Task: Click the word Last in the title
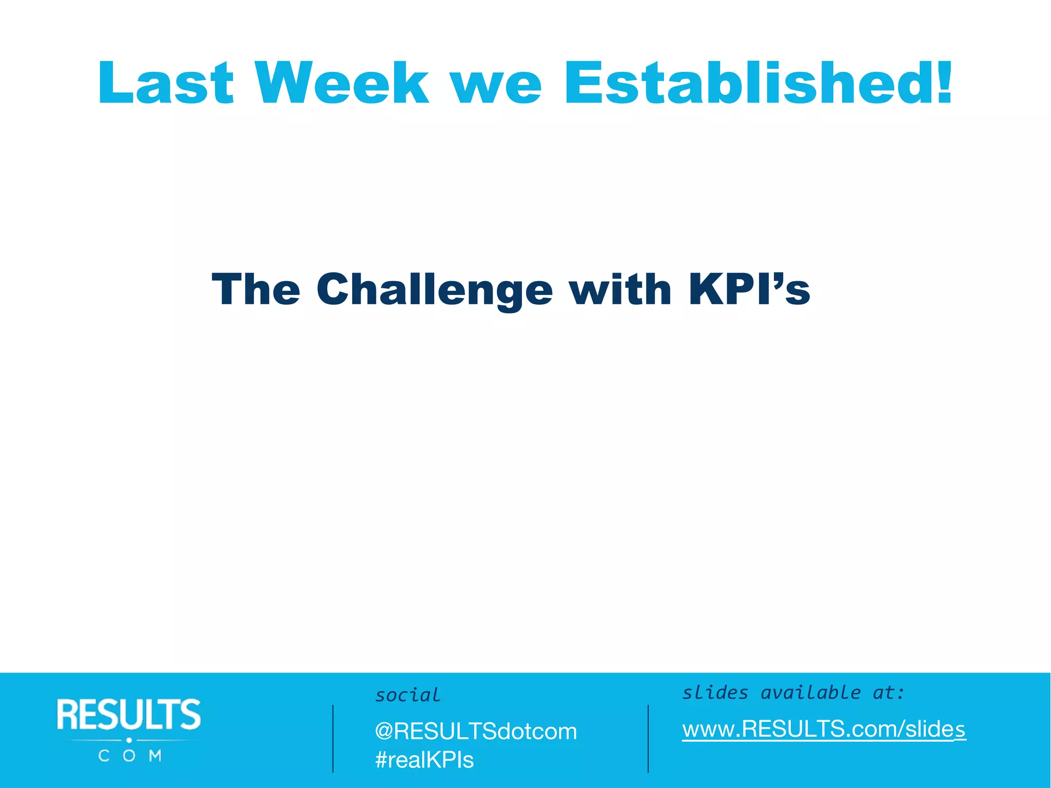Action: pos(165,83)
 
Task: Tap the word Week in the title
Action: pos(342,83)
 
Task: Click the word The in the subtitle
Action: pos(256,289)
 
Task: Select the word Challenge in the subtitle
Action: pos(435,290)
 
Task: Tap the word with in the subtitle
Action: pos(620,289)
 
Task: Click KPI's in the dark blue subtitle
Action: pos(749,289)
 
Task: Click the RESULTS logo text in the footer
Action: pos(129,714)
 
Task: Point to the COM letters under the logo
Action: pos(130,756)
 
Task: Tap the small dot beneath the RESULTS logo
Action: pos(129,740)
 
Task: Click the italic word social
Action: pos(407,695)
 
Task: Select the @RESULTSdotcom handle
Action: pos(476,731)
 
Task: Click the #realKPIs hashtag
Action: pos(424,760)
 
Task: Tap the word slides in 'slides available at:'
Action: pos(715,693)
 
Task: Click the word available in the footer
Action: pos(810,693)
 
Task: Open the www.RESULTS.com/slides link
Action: pos(824,729)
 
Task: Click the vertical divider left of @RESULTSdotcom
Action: pos(333,738)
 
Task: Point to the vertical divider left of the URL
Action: pos(648,738)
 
